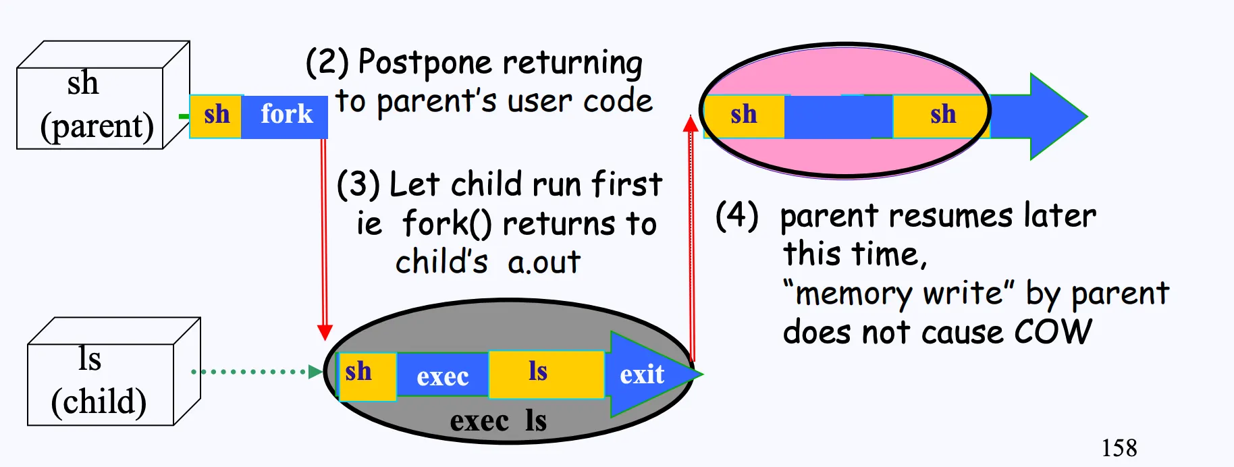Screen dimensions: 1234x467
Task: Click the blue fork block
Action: (x=284, y=117)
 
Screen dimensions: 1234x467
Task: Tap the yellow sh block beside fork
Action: (x=216, y=117)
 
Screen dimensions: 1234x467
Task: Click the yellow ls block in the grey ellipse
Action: (x=546, y=374)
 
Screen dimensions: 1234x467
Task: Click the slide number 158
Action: (x=1119, y=447)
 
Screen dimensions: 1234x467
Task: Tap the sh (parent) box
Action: (x=103, y=95)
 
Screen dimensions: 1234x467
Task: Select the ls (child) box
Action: (x=114, y=371)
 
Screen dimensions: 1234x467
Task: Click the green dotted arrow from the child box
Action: (x=257, y=371)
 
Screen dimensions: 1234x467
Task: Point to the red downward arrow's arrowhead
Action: (x=325, y=332)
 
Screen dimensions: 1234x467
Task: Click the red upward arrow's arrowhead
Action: (x=691, y=123)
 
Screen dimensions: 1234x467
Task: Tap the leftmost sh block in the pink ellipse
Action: (x=744, y=116)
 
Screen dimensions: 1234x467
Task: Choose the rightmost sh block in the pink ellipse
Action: (x=942, y=116)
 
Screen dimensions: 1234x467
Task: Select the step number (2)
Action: (x=327, y=62)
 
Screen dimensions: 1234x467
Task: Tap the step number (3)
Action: (x=358, y=184)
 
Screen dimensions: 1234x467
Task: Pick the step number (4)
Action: (x=737, y=215)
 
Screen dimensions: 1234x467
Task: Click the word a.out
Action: (x=544, y=262)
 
